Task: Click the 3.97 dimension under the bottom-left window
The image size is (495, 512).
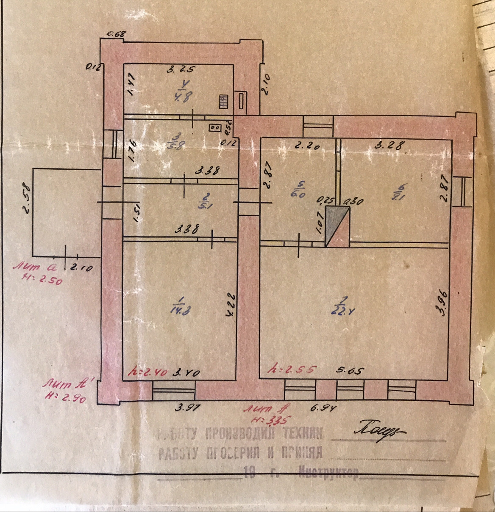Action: point(186,408)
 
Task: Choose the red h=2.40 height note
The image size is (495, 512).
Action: point(147,372)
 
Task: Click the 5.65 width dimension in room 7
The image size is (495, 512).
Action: point(350,371)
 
